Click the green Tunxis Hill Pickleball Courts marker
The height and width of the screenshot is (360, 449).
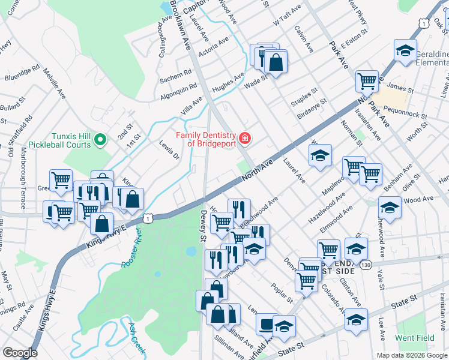(100, 140)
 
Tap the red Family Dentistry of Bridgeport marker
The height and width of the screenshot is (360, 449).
(245, 139)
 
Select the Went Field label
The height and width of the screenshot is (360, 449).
(415, 338)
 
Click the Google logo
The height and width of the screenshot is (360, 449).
(20, 353)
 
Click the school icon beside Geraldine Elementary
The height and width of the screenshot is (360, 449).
(405, 52)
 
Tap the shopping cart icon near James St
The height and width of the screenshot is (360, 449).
(366, 81)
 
